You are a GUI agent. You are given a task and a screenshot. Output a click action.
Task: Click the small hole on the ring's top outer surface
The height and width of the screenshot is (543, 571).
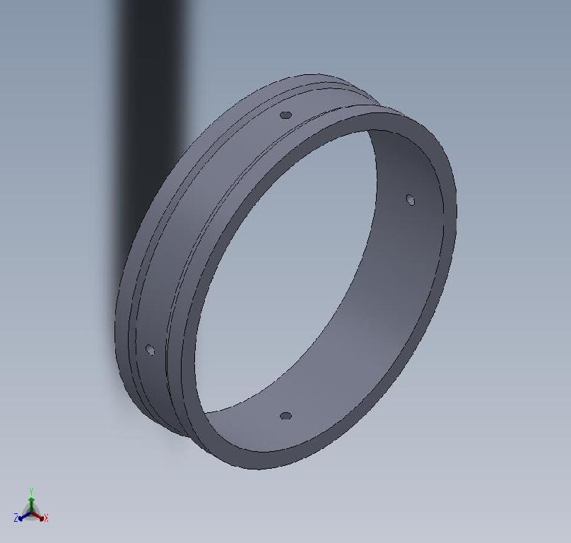point(285,115)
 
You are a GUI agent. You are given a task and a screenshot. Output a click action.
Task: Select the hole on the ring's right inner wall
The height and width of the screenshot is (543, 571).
point(411,200)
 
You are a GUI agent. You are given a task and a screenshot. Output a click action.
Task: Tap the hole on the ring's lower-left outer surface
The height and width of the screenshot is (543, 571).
point(150,349)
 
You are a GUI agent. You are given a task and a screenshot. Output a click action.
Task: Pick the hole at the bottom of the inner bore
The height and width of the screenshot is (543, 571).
point(285,416)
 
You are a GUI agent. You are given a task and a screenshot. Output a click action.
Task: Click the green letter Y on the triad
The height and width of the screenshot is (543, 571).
point(31,490)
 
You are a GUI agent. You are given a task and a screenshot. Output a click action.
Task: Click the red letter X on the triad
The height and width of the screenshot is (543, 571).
point(46,518)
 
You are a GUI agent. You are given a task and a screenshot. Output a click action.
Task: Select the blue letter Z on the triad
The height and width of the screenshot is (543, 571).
point(16,518)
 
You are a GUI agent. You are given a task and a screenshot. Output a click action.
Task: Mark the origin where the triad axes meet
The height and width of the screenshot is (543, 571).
point(31,511)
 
